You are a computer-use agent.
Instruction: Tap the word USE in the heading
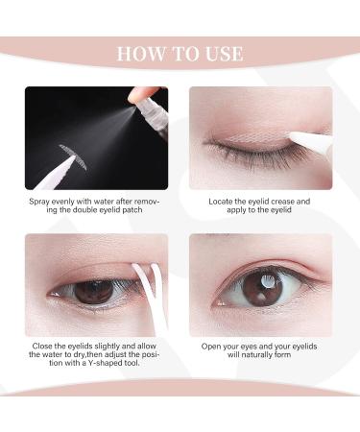pos(222,52)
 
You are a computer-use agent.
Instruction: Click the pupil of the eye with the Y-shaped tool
pos(93,289)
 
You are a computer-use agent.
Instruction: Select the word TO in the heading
pos(182,52)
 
